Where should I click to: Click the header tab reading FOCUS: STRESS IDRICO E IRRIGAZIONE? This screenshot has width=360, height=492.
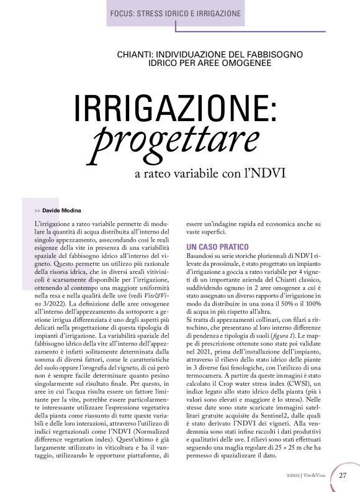tap(175, 13)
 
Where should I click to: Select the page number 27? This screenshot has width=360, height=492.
tap(343, 476)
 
